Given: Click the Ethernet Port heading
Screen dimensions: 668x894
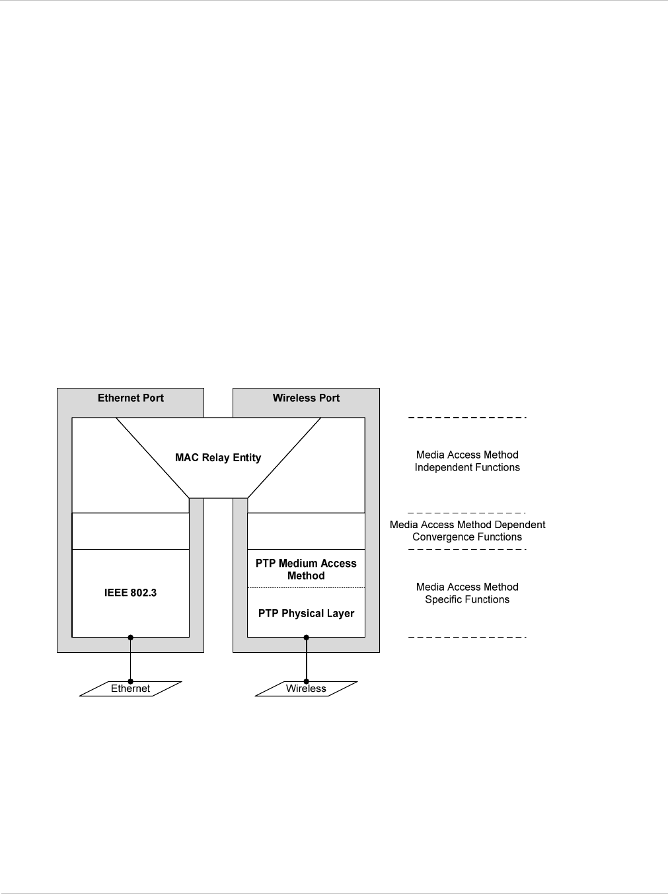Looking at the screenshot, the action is pos(130,398).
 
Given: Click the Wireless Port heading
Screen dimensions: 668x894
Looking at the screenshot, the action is pos(306,398).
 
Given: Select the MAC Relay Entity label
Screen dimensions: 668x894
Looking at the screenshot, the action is pos(218,457).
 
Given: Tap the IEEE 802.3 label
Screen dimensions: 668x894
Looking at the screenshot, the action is pos(130,593).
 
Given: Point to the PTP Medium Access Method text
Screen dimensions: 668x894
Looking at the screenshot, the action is pos(306,569).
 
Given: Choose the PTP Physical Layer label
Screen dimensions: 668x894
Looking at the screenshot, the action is pos(306,613).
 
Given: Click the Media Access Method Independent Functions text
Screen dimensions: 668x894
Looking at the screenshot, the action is pos(467,461).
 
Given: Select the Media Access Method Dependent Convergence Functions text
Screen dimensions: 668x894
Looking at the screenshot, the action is pos(467,531).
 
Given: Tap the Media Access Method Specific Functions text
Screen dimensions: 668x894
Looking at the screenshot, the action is pos(467,593).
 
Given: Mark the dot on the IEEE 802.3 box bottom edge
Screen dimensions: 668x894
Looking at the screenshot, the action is pos(131,637).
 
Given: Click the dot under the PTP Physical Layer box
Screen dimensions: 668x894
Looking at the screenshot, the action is pos(307,637).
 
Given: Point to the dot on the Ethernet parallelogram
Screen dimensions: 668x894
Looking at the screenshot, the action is pos(131,681).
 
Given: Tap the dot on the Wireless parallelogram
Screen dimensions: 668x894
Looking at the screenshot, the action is pos(307,681).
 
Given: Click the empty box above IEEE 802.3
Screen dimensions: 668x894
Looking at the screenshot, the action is pos(130,531).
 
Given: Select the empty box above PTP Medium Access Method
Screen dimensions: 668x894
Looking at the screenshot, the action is pos(306,531).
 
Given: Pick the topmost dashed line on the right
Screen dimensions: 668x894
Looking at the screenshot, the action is pos(467,418).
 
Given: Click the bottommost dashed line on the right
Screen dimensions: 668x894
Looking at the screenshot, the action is pos(467,637).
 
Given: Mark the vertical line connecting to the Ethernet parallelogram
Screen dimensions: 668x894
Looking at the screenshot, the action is pos(131,659).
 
